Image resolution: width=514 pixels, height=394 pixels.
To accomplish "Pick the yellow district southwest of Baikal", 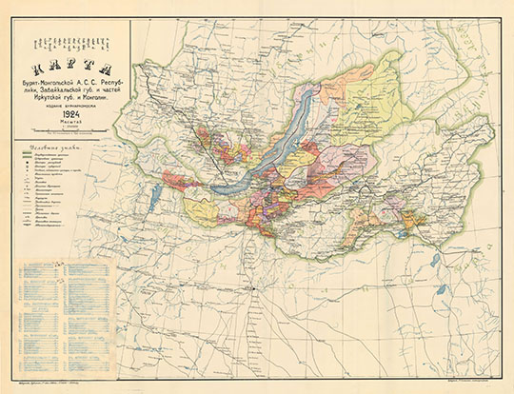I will coord(202,210).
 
